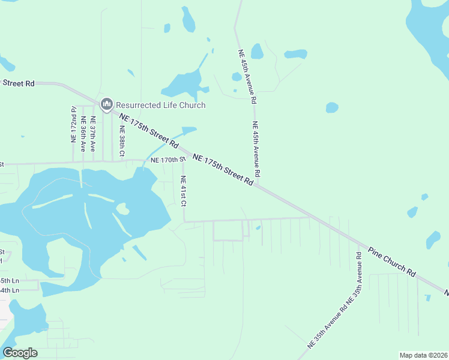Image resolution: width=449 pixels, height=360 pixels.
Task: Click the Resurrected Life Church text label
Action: point(160,105)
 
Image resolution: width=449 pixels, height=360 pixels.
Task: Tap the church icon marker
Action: point(107,105)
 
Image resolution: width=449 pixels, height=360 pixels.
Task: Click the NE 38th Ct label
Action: point(122,140)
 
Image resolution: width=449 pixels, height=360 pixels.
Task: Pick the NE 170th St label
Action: point(165,160)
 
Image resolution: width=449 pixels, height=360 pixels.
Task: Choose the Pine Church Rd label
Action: point(392,262)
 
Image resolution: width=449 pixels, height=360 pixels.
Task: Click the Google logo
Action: point(20,352)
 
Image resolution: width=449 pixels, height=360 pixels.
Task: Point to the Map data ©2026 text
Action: point(423,355)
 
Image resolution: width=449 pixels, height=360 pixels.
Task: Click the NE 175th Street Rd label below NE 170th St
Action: point(223,170)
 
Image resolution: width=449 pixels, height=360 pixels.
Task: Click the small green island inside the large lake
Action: point(123,209)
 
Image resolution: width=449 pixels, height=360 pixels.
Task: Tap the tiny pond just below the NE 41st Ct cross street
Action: point(258,227)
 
